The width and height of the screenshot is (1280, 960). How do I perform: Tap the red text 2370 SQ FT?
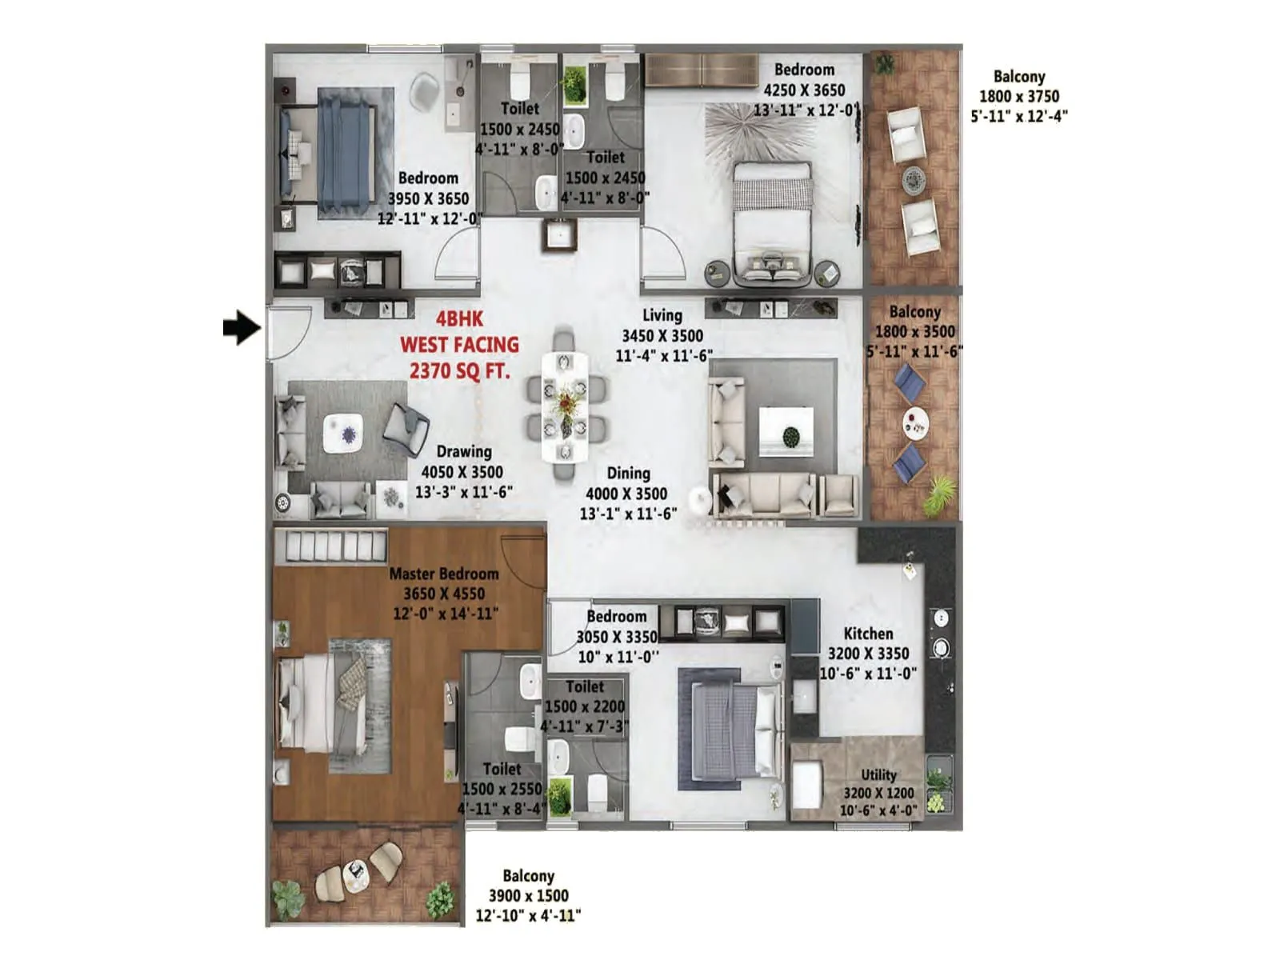click(459, 371)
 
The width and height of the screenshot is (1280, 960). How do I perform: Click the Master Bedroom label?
click(444, 574)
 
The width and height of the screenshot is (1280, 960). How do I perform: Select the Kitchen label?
click(868, 634)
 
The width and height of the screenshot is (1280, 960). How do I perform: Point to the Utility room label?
click(878, 774)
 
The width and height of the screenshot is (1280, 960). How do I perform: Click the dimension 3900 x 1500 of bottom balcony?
click(528, 896)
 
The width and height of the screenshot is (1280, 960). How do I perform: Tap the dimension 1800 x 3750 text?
click(1019, 96)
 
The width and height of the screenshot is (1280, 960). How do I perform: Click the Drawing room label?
click(464, 452)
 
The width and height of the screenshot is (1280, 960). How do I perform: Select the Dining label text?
click(628, 474)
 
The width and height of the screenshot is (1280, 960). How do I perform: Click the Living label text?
click(662, 315)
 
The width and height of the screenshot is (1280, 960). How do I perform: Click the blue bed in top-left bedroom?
click(346, 152)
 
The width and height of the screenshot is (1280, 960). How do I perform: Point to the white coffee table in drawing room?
click(343, 434)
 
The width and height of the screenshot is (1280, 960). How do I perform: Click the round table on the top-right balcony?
click(914, 180)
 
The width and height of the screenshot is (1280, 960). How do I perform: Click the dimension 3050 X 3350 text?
click(617, 637)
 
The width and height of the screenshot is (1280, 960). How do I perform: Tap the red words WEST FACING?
click(459, 345)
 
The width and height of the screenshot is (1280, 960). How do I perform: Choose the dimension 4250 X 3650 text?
click(804, 90)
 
